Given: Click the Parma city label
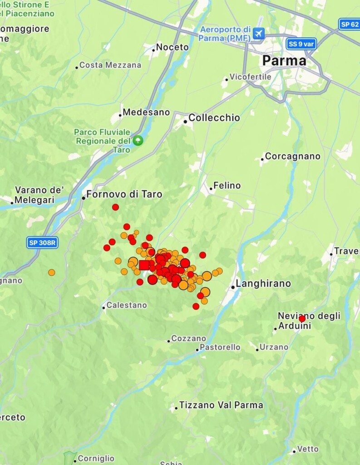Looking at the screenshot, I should coord(284,60).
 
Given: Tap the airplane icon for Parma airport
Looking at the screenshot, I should coord(259,33).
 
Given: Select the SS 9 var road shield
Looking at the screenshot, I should coord(302,44).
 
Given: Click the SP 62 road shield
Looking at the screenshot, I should coord(349,24).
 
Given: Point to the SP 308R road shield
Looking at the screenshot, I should coord(42,242).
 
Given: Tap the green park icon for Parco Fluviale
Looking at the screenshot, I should coord(138,140).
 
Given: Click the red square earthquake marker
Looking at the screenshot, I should coord(144,265).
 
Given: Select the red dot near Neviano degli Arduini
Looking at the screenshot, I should coord(302,319).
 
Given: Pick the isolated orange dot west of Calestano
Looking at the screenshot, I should coord(52,272).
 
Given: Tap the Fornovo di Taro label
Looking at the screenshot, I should coord(124,194).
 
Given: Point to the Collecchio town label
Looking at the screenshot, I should coord(214,118).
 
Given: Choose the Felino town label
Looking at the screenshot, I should coord(227,186).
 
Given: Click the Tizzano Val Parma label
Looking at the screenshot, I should coord(221,405).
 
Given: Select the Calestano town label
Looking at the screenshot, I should coord(127,305).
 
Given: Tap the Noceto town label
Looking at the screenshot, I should coord(172,47).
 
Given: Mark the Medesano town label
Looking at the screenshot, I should coord(146,112).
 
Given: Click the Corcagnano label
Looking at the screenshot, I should coord(292,156).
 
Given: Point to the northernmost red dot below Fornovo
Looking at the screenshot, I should coord(115,207).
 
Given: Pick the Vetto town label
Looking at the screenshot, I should coord(308,449).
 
